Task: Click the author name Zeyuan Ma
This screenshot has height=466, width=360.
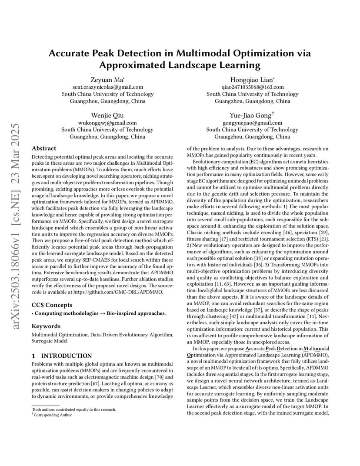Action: [107, 80]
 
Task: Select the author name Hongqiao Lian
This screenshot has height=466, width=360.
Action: [252, 80]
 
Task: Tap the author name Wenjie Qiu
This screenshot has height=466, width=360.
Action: [107, 115]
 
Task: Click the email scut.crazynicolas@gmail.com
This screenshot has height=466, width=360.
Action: [107, 87]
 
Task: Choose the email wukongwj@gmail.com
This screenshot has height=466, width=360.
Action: [107, 123]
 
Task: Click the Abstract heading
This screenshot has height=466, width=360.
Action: [44, 148]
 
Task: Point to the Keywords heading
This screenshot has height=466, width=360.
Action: [46, 326]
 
